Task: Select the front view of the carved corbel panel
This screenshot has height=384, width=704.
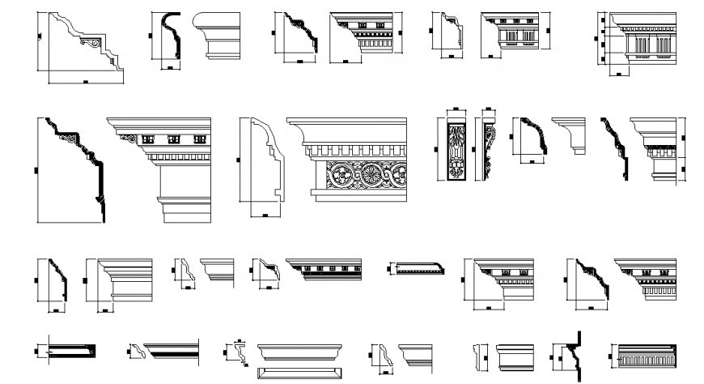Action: point(456,151)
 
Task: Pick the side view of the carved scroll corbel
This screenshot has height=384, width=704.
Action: point(488,151)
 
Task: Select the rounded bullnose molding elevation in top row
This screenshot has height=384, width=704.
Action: point(217,36)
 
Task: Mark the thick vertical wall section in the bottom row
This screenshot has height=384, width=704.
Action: point(579,355)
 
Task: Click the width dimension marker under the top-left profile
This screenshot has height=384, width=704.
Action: point(85,83)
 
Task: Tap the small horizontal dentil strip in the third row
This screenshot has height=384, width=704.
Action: point(418,268)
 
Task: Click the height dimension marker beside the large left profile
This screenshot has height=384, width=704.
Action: point(37,169)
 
